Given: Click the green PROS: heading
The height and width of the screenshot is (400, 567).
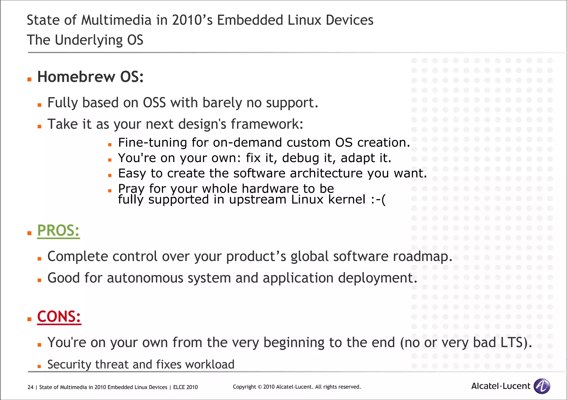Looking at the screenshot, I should coord(58,231).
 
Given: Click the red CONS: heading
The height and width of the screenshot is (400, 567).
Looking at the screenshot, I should coord(59,317).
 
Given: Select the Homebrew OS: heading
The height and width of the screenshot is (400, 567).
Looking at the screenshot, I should coord(90,77).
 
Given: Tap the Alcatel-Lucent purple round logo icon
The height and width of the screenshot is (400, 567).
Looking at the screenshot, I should coord(542,386).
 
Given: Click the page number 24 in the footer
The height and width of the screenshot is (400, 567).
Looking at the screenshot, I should coord(30,387).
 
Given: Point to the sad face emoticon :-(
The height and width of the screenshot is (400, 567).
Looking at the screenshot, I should coord(378,200).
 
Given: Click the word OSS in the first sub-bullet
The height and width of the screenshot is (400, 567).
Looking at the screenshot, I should coord(154,103).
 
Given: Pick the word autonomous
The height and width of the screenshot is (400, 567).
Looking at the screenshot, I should coord(145,278).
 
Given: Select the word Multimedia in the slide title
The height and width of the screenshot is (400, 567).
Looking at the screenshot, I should coord(116,20).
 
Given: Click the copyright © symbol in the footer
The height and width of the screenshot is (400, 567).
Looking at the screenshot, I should coord(259,387).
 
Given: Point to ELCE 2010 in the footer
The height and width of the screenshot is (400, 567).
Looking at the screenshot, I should coord(185,387).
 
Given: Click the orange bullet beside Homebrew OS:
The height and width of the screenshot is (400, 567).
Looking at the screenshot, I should coord(29,80).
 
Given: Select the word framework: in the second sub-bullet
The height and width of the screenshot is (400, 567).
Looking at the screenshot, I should coord(267,124).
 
